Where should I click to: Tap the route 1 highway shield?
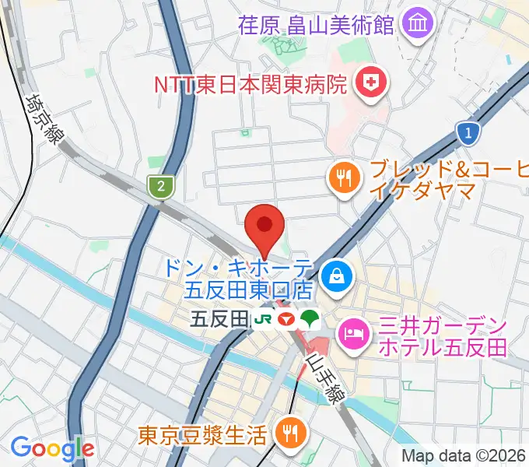point(467,134)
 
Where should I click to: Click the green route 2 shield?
point(159,185)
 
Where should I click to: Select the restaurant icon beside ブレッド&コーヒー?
point(343,178)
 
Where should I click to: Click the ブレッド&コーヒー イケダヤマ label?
point(443,179)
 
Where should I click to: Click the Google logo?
point(52,448)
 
